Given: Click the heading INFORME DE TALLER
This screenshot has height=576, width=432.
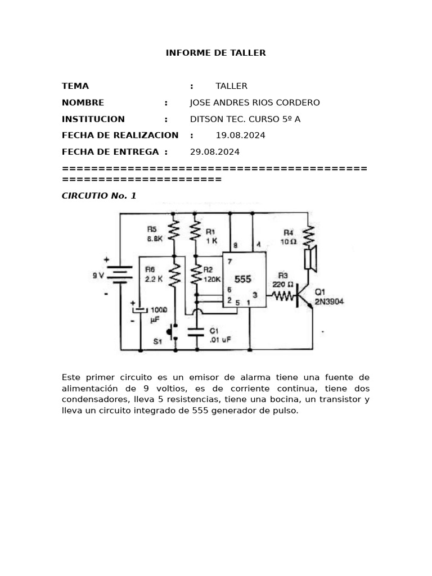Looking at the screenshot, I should point(215,53).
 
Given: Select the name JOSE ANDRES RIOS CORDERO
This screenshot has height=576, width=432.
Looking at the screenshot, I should point(255,102).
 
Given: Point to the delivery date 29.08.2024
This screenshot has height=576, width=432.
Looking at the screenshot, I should point(215,152).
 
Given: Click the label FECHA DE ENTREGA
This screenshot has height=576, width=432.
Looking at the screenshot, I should point(110,152).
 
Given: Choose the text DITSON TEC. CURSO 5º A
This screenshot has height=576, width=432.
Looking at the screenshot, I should point(245,119).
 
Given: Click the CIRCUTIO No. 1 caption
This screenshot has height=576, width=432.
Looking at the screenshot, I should point(99,196).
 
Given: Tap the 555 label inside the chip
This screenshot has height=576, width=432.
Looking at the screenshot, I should point(243,280).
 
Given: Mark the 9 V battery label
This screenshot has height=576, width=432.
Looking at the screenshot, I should point(98,276).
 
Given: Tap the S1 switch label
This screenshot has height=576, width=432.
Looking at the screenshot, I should point(159,341).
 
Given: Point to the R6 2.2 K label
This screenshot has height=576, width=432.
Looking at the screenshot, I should point(153,274).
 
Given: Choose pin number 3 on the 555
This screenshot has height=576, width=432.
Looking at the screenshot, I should point(255,294).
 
